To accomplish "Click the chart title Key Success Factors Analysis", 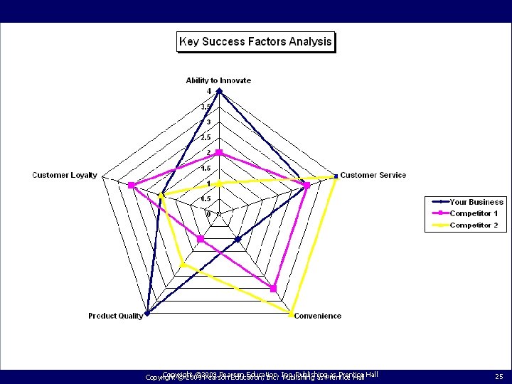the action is coord(255,41).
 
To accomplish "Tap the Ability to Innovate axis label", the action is coord(218,80).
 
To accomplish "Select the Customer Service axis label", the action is coord(373,175).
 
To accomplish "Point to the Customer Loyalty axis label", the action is coord(65,175).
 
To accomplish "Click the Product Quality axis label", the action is coord(116,316).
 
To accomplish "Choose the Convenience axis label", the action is coord(317,316).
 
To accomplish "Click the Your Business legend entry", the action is coord(476,202).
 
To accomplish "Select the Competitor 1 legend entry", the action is coord(474,213).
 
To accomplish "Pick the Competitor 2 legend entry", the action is coord(474,225).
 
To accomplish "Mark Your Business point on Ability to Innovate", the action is coord(219,91).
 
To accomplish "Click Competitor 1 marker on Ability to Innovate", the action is coord(219,153).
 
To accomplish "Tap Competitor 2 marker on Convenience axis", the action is coord(291,313).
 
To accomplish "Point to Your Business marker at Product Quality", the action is coord(146,313).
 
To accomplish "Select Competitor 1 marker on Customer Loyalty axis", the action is coord(132,186).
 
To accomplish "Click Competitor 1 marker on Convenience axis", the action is coord(273,288).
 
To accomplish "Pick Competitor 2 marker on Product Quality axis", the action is coord(183,264).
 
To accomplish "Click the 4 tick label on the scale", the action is coord(209,91).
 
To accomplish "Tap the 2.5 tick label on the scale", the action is coord(206,137).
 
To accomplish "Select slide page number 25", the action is coord(498,375).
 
